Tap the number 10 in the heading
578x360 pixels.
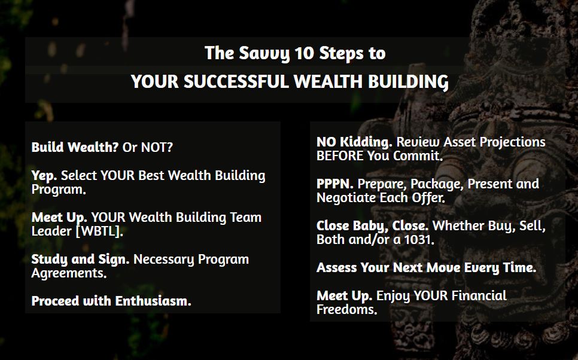click(x=304, y=53)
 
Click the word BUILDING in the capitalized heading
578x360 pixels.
click(x=409, y=82)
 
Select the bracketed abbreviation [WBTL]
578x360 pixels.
click(x=99, y=231)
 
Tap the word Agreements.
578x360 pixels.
click(x=69, y=273)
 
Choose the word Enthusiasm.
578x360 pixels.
click(x=153, y=301)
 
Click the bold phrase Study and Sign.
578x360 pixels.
click(x=80, y=260)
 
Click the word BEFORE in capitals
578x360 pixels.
click(x=340, y=156)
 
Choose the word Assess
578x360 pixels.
click(x=336, y=267)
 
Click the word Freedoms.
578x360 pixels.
click(x=347, y=310)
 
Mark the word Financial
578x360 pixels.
click(x=479, y=295)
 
